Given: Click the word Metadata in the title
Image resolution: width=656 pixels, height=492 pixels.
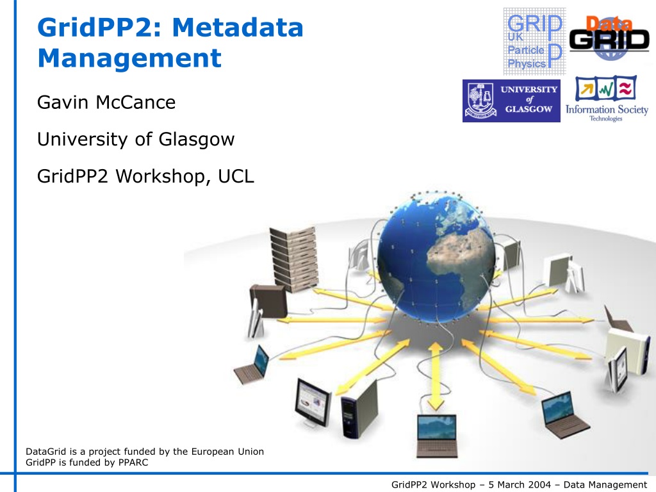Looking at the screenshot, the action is [238, 27].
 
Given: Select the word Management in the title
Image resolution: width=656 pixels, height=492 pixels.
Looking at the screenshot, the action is [129, 58].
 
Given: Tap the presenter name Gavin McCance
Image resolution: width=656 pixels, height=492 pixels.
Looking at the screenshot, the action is [106, 102].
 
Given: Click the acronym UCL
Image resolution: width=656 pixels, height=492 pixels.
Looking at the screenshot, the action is [236, 176].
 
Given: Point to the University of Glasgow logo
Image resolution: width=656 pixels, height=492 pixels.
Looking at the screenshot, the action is [511, 101].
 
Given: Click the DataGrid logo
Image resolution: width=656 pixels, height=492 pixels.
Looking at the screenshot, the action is [609, 38].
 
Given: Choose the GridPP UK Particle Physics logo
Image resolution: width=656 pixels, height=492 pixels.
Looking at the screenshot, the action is [534, 42].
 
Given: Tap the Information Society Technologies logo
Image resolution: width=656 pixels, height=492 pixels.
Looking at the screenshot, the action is [607, 99].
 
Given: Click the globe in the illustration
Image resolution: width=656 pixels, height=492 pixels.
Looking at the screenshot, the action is [436, 258].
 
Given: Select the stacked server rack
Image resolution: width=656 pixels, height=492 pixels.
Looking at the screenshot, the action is [293, 259].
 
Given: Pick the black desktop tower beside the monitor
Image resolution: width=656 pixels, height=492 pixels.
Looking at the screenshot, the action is [359, 409].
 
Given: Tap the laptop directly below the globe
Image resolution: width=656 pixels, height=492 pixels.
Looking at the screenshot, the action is [437, 436].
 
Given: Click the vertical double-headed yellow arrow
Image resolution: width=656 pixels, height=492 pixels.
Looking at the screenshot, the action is [435, 376].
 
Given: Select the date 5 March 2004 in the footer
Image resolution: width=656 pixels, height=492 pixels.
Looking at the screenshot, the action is [520, 484].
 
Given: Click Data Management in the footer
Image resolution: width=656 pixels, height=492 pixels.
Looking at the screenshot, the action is [605, 485].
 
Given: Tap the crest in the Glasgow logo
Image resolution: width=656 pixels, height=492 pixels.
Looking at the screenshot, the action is [480, 101].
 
